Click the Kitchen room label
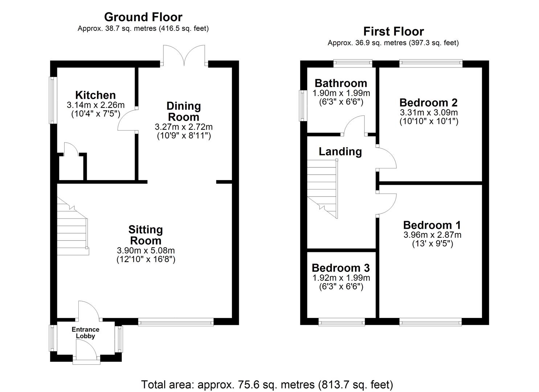pos(95,95)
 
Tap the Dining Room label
pos(183,111)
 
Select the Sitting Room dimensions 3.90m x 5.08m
pos(146,250)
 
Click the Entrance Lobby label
pos(85,333)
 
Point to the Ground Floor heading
pos(143,17)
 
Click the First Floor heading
pos(393,32)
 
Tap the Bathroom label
pos(341,83)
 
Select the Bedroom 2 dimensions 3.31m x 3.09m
pos(429,113)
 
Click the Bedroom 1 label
pos(432,225)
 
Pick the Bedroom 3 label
pos(340,268)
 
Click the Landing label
pos(340,151)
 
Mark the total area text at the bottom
pos(267,384)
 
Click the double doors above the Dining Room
pos(184,55)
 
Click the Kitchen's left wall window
pos(53,100)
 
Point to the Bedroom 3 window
pos(342,322)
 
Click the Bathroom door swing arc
pos(354,125)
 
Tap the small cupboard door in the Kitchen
pos(70,149)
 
